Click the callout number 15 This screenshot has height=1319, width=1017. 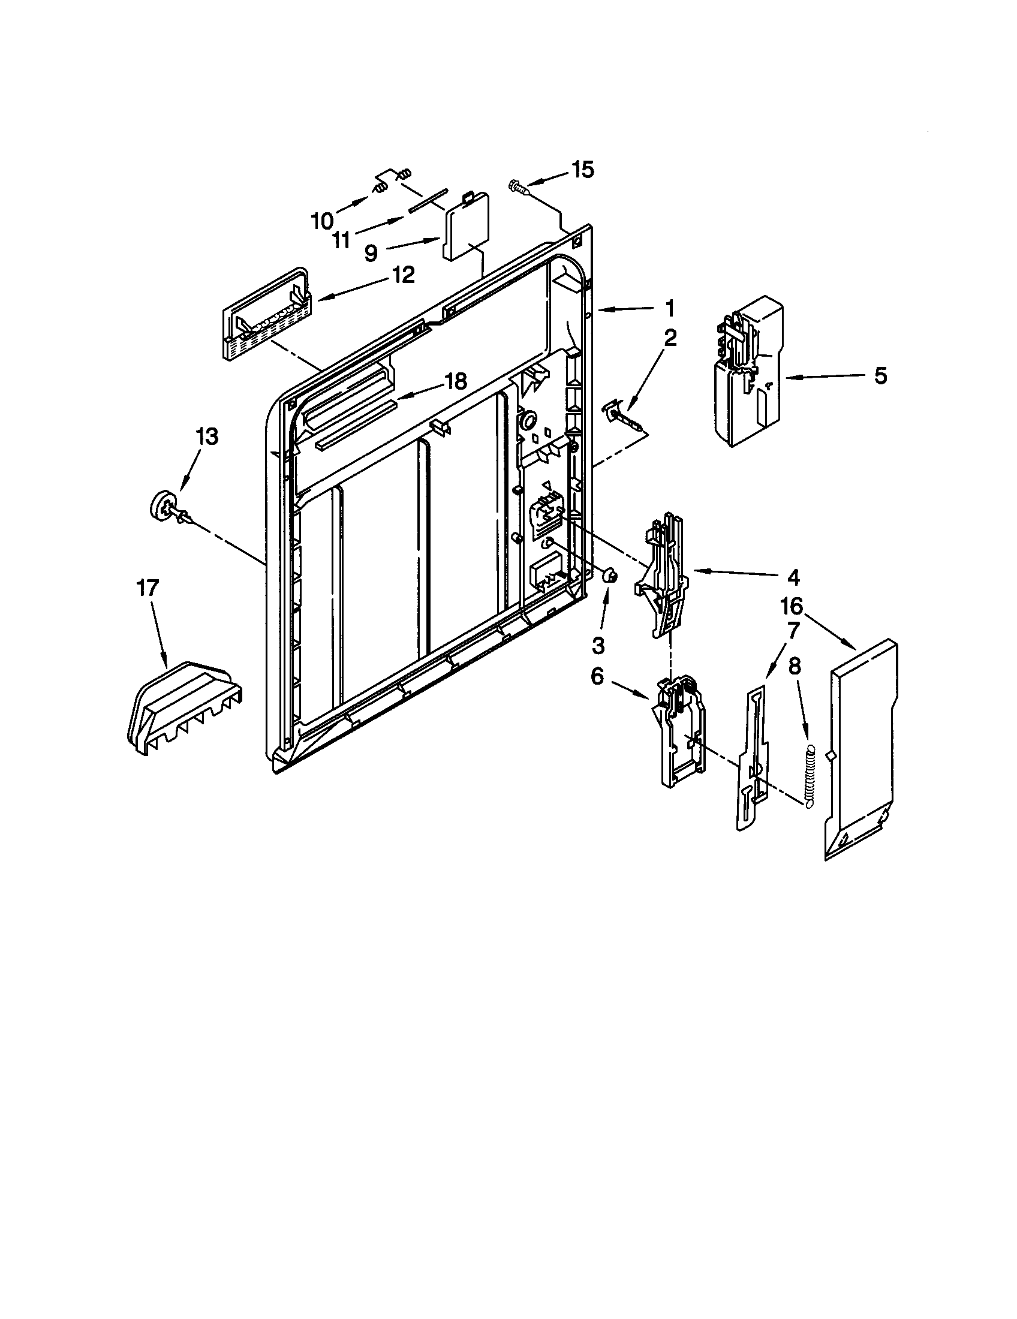click(582, 170)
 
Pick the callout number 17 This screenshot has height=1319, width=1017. click(148, 588)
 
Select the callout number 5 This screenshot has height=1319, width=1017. click(880, 376)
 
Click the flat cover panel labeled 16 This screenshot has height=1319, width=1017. click(860, 749)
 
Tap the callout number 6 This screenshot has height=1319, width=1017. click(597, 676)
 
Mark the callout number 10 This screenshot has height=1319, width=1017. click(322, 221)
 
